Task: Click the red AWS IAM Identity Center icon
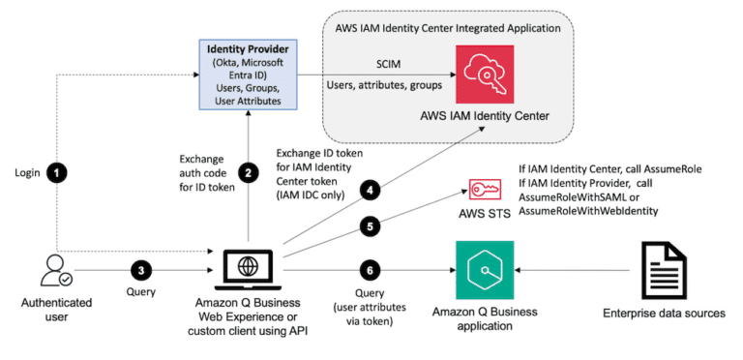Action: pyautogui.click(x=486, y=73)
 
